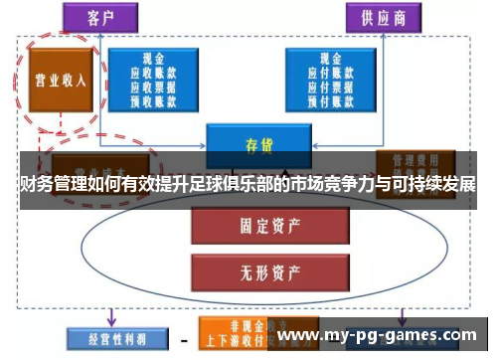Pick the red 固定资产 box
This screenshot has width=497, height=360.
257,227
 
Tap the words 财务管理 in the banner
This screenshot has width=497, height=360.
59,184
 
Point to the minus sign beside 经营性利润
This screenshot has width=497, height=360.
183,337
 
